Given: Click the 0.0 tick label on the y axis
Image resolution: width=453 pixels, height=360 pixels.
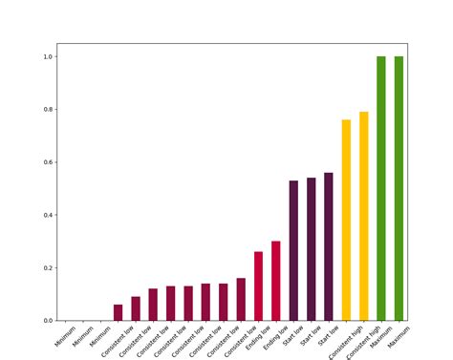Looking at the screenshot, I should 47,321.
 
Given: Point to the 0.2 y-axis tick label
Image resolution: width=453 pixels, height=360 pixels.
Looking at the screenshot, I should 47,268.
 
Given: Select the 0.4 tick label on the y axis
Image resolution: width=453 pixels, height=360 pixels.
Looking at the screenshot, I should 47,215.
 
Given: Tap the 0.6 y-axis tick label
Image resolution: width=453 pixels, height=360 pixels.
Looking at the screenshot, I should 47,162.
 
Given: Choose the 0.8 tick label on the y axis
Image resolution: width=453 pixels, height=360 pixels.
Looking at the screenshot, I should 47,110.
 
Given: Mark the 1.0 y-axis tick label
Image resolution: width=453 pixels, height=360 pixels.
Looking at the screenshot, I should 47,57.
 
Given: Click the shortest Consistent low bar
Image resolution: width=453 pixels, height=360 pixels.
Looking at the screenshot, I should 118,313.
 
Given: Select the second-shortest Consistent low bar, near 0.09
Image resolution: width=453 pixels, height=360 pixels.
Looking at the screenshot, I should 136,309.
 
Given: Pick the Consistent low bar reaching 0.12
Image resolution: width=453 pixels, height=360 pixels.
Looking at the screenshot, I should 153,305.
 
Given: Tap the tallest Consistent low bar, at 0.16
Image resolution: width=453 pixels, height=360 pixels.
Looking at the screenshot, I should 241,300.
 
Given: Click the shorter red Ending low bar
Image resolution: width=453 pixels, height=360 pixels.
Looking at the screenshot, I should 258,286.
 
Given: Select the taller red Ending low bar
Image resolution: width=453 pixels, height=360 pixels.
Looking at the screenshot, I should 276,281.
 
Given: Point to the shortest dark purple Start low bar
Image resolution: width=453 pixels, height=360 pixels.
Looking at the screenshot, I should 293,251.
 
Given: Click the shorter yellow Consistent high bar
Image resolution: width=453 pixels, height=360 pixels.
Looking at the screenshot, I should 346,221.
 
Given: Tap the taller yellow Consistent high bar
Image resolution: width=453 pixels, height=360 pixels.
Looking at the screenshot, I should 363,217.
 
